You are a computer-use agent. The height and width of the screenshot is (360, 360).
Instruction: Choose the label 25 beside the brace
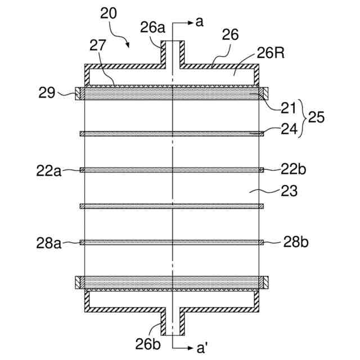pyautogui.click(x=318, y=118)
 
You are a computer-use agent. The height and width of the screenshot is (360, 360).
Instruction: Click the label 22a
pyautogui.click(x=48, y=170)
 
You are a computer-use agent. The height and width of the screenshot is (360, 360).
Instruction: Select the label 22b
pyautogui.click(x=294, y=169)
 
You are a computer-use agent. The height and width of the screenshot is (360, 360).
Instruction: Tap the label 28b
pyautogui.click(x=295, y=242)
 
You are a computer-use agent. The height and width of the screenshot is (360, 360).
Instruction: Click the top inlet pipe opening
pyautogui.click(x=173, y=43)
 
